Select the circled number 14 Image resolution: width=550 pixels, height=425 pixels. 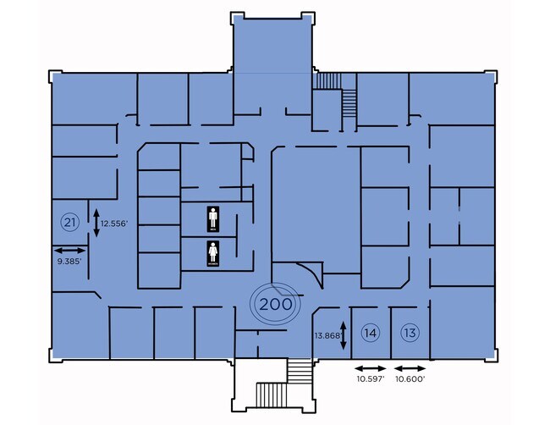370,333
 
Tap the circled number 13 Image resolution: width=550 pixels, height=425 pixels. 410,333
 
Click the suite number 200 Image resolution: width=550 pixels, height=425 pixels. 276,303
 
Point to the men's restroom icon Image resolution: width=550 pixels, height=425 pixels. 214,219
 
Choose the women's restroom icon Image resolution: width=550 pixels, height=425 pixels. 214,254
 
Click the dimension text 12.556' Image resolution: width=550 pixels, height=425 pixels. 114,224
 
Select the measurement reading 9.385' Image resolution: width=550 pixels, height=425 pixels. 69,262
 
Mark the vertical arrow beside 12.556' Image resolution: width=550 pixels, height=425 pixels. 96,223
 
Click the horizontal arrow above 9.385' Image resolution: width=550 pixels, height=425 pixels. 69,250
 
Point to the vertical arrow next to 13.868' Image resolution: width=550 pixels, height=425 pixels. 343,336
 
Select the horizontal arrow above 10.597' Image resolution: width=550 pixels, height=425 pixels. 370,368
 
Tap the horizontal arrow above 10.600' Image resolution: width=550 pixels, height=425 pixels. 410,368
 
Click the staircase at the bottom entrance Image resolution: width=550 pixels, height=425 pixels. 300,373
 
